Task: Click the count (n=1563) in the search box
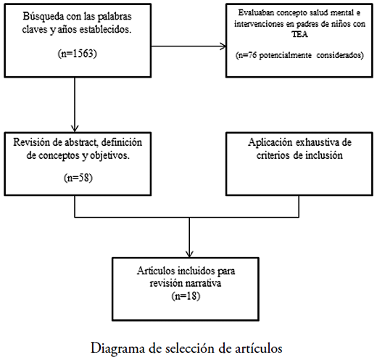[78, 54]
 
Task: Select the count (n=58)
[78, 178]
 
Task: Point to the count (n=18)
[186, 296]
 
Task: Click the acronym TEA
[299, 34]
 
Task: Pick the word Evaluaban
[256, 12]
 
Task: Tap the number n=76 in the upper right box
[246, 55]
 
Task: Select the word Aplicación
[270, 143]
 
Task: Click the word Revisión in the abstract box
[32, 142]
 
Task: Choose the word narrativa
[203, 283]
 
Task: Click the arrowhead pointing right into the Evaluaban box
[223, 46]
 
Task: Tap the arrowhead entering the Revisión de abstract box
[75, 128]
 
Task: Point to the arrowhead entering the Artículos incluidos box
[189, 253]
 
